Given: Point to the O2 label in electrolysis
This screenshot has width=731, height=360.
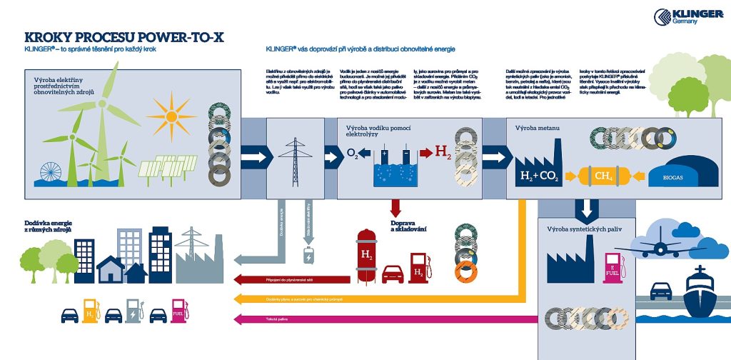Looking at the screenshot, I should coord(352,152).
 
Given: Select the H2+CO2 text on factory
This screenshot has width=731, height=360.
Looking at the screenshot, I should coord(538,176).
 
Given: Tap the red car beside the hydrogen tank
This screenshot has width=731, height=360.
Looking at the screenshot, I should coord(393,274).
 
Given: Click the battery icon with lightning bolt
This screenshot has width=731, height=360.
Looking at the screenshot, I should coord(310,256).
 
